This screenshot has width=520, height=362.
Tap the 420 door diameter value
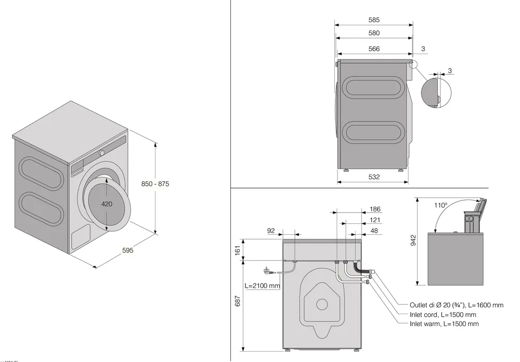click(x=106, y=204)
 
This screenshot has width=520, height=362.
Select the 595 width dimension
click(x=128, y=250)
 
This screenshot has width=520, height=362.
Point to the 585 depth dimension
click(x=373, y=20)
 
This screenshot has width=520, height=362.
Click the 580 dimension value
click(x=373, y=33)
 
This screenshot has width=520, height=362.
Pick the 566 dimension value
click(x=373, y=49)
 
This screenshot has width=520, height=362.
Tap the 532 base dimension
click(x=373, y=177)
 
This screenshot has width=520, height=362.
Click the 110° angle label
click(x=440, y=205)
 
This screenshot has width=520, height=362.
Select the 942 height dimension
click(x=413, y=240)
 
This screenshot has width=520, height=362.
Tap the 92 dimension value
click(x=270, y=230)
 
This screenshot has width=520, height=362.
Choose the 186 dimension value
click(x=375, y=209)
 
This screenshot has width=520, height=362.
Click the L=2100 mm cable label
click(x=263, y=286)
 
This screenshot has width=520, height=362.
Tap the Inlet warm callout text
click(x=444, y=324)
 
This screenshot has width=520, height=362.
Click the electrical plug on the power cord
click(x=268, y=270)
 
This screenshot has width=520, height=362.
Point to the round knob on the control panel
click(x=102, y=153)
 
